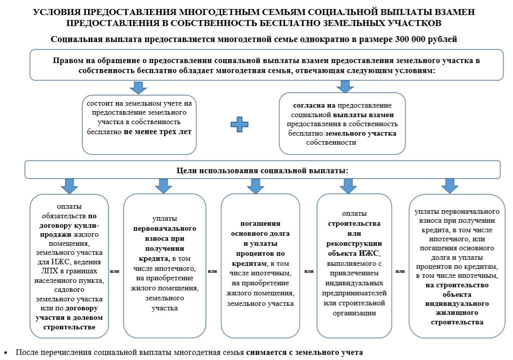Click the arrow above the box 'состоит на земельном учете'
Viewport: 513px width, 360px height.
138,87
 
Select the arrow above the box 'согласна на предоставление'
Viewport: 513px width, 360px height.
344,86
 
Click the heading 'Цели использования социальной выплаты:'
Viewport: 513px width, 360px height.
262,170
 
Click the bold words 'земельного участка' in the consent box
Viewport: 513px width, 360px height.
361,134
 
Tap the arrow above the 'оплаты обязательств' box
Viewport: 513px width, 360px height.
68,186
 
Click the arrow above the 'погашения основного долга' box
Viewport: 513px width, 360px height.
255,186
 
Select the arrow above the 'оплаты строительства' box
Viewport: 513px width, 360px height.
348,186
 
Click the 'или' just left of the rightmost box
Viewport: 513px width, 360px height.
400,271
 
